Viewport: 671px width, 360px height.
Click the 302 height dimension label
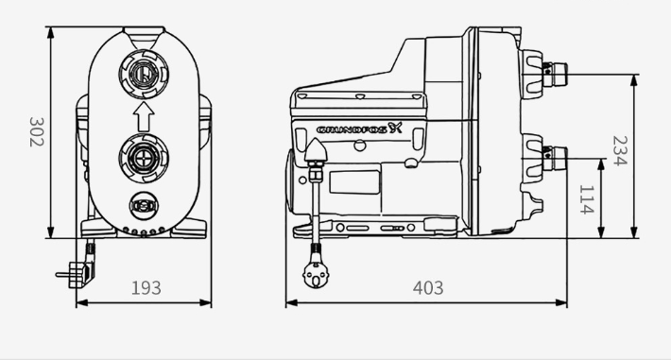tap(36, 132)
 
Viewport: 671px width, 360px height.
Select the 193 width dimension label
tap(146, 288)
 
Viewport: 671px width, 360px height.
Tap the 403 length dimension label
tap(428, 288)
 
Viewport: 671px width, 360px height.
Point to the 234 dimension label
tap(620, 150)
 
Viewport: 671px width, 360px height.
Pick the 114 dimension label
tap(586, 199)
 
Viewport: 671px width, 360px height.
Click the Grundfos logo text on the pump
tap(359, 129)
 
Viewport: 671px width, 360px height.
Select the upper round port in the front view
tap(144, 74)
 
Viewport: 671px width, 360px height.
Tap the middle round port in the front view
tap(144, 158)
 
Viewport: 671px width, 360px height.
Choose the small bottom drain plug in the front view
tap(144, 206)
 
